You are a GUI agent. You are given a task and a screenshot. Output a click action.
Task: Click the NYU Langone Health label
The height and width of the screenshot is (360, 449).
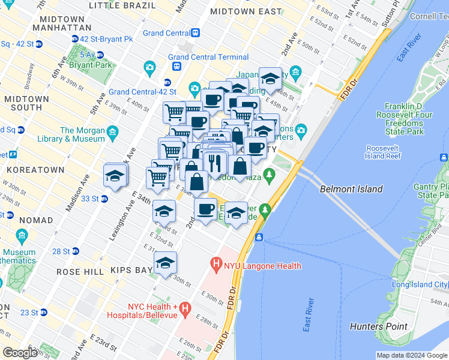pos(263,265)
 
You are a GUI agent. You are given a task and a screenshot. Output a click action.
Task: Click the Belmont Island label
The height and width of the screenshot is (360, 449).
pos(351,189)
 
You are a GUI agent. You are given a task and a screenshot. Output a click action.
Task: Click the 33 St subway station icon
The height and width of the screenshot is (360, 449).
pos(104,199)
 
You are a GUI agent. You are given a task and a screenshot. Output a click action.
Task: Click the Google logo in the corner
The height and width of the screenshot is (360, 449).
pos(20,352)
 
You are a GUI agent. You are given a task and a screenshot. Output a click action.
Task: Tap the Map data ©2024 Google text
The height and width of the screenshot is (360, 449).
pos(411,355)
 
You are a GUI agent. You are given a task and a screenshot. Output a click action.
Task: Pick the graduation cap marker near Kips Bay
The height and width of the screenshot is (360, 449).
pos(166,263)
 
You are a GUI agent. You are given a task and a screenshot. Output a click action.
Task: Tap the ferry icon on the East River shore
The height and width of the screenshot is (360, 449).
pos(259,238)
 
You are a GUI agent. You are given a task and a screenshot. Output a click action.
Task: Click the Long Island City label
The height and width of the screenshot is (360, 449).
pos(420,284)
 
